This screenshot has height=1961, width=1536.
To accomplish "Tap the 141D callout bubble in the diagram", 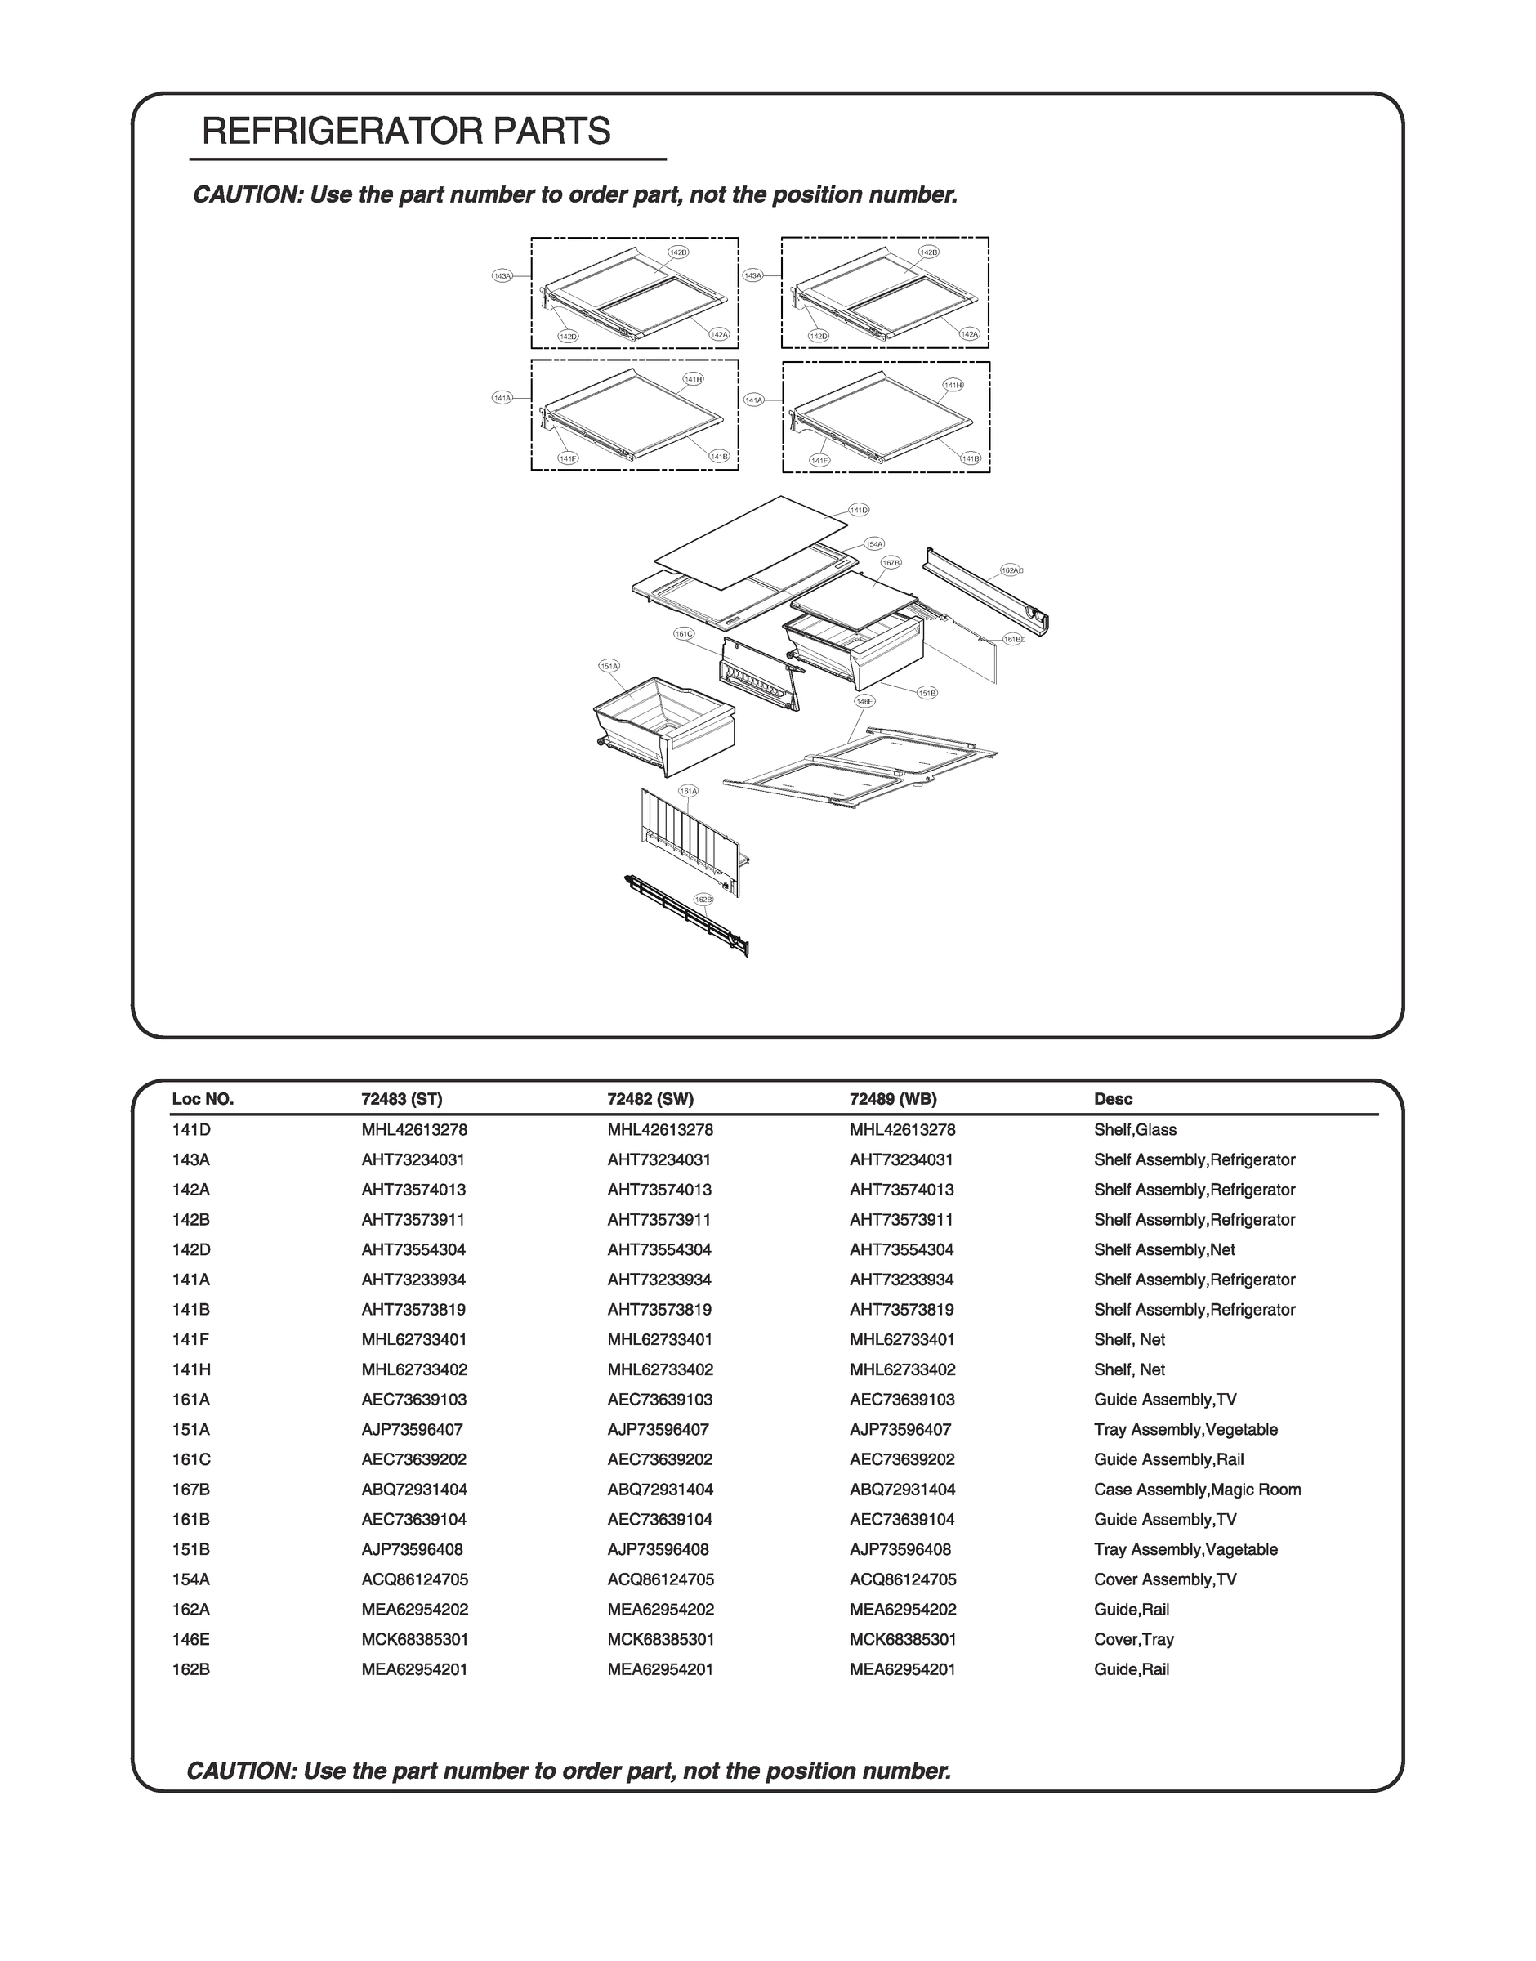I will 859,511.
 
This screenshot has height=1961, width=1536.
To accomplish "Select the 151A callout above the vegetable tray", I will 609,666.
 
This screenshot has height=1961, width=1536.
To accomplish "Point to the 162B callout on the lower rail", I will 703,899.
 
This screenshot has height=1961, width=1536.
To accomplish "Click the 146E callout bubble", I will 864,700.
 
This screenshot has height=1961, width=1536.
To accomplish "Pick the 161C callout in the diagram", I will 684,634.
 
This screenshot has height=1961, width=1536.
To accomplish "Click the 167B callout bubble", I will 891,562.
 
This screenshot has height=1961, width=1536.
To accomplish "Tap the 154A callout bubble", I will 874,544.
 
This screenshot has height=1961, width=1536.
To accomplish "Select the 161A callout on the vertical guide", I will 688,791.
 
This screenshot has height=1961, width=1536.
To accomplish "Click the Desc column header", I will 1113,1099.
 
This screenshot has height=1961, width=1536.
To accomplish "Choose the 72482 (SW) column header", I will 650,1099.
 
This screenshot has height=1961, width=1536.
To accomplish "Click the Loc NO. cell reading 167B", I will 191,1489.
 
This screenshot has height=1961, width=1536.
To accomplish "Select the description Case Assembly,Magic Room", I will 1197,1489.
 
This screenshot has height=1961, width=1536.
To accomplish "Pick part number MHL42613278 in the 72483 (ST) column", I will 413,1129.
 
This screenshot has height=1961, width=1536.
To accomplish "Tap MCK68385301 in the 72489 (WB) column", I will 902,1639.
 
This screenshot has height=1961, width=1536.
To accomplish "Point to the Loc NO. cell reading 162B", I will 191,1668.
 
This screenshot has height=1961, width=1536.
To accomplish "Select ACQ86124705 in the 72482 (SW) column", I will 660,1579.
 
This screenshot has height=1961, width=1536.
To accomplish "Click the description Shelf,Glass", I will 1135,1129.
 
